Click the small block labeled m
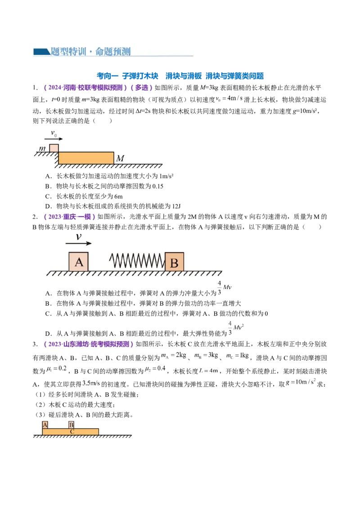[54, 148]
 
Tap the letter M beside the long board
[120, 159]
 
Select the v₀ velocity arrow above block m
[54, 140]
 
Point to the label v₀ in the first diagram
[54, 134]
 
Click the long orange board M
[86, 158]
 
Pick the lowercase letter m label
[42, 148]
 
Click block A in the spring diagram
[79, 262]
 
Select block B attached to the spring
[174, 262]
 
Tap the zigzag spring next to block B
[137, 261]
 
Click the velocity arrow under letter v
[79, 244]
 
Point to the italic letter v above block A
[79, 237]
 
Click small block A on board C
[45, 425]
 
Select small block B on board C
[71, 425]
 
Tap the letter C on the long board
[72, 432]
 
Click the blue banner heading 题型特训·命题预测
[90, 52]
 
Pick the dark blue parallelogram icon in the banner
[41, 52]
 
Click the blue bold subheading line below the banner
[180, 77]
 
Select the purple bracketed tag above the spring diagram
[70, 218]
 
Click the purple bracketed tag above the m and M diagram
[99, 88]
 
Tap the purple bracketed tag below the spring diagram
[88, 344]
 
